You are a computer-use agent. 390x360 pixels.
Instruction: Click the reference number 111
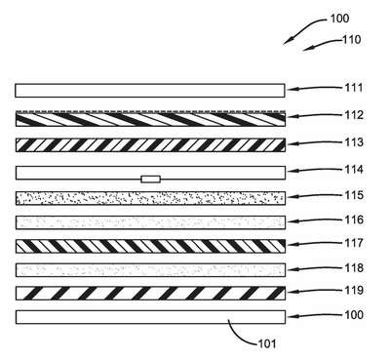(354, 88)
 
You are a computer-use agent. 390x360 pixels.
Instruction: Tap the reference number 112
(354, 115)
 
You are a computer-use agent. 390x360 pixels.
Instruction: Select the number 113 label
(354, 142)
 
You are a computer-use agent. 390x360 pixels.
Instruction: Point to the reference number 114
(354, 170)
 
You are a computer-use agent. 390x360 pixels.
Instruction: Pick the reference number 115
(354, 195)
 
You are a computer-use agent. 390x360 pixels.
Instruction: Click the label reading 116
(354, 220)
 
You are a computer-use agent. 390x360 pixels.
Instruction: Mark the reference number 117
(354, 243)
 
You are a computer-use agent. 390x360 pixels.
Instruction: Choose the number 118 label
(354, 267)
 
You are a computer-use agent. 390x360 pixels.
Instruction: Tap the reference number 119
(354, 290)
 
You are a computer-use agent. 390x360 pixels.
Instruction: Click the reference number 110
(352, 40)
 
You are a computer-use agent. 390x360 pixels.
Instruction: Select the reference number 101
(267, 343)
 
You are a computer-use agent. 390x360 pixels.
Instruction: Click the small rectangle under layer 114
(150, 179)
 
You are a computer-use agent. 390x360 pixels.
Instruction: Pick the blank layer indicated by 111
(150, 91)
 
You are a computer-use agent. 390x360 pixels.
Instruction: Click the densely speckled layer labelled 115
(150, 198)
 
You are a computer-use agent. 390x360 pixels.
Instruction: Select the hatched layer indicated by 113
(150, 145)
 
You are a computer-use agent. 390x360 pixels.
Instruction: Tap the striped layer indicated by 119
(150, 294)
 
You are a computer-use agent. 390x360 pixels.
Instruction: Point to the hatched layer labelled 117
(150, 246)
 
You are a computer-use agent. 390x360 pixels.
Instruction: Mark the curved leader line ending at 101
(240, 335)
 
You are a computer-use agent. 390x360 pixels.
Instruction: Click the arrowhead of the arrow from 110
(305, 50)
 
